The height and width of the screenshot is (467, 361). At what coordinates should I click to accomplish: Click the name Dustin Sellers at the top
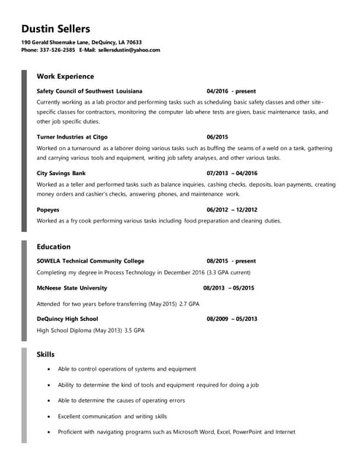click(55, 28)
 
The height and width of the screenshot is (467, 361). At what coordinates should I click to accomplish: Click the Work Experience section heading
click(65, 76)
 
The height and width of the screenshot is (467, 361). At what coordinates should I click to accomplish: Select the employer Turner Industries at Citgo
click(71, 136)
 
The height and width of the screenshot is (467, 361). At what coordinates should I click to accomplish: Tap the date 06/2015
click(217, 136)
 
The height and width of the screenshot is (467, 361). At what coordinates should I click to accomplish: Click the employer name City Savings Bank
click(61, 174)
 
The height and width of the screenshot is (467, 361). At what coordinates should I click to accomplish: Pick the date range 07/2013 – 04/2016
click(232, 174)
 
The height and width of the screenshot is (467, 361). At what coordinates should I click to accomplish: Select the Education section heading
click(53, 247)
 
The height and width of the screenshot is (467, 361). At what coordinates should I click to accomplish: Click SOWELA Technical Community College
click(90, 260)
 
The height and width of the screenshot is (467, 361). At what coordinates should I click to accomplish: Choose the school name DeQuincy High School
click(67, 319)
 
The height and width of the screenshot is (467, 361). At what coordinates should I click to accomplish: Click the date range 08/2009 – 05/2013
click(232, 319)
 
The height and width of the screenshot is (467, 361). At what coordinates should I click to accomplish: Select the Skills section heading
click(45, 354)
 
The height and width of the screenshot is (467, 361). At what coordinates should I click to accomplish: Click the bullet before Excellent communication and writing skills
click(48, 417)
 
